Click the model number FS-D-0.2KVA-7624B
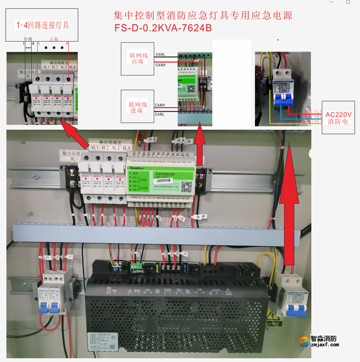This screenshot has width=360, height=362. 163,28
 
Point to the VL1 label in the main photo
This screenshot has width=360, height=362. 94,147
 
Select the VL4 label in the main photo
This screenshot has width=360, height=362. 126,148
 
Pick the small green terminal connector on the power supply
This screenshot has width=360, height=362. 135,268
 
